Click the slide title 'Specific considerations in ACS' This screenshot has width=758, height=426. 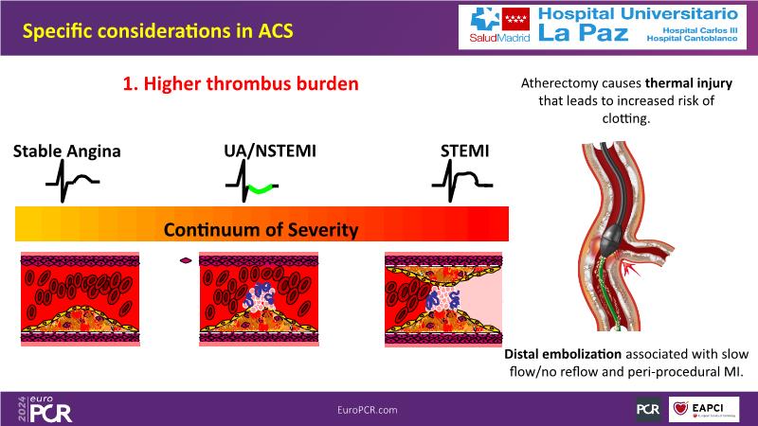tap(157, 31)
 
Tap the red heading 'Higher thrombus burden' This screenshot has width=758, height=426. tap(251, 83)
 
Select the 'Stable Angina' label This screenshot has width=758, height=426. tap(66, 151)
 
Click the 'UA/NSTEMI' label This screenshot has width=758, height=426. tap(270, 151)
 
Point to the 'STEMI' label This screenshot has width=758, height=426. tap(464, 151)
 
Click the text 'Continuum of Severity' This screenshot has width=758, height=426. tap(262, 230)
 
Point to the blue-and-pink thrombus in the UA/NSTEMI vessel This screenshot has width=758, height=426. tap(259, 295)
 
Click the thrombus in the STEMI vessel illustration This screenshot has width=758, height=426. tap(442, 298)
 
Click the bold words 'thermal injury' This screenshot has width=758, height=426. tap(689, 83)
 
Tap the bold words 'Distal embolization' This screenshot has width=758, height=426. tap(563, 354)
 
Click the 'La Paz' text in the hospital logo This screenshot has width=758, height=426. tap(583, 33)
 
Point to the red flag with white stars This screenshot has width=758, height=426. tap(515, 19)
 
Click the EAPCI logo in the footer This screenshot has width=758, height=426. tap(704, 410)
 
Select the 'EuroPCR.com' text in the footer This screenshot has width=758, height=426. tap(368, 410)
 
